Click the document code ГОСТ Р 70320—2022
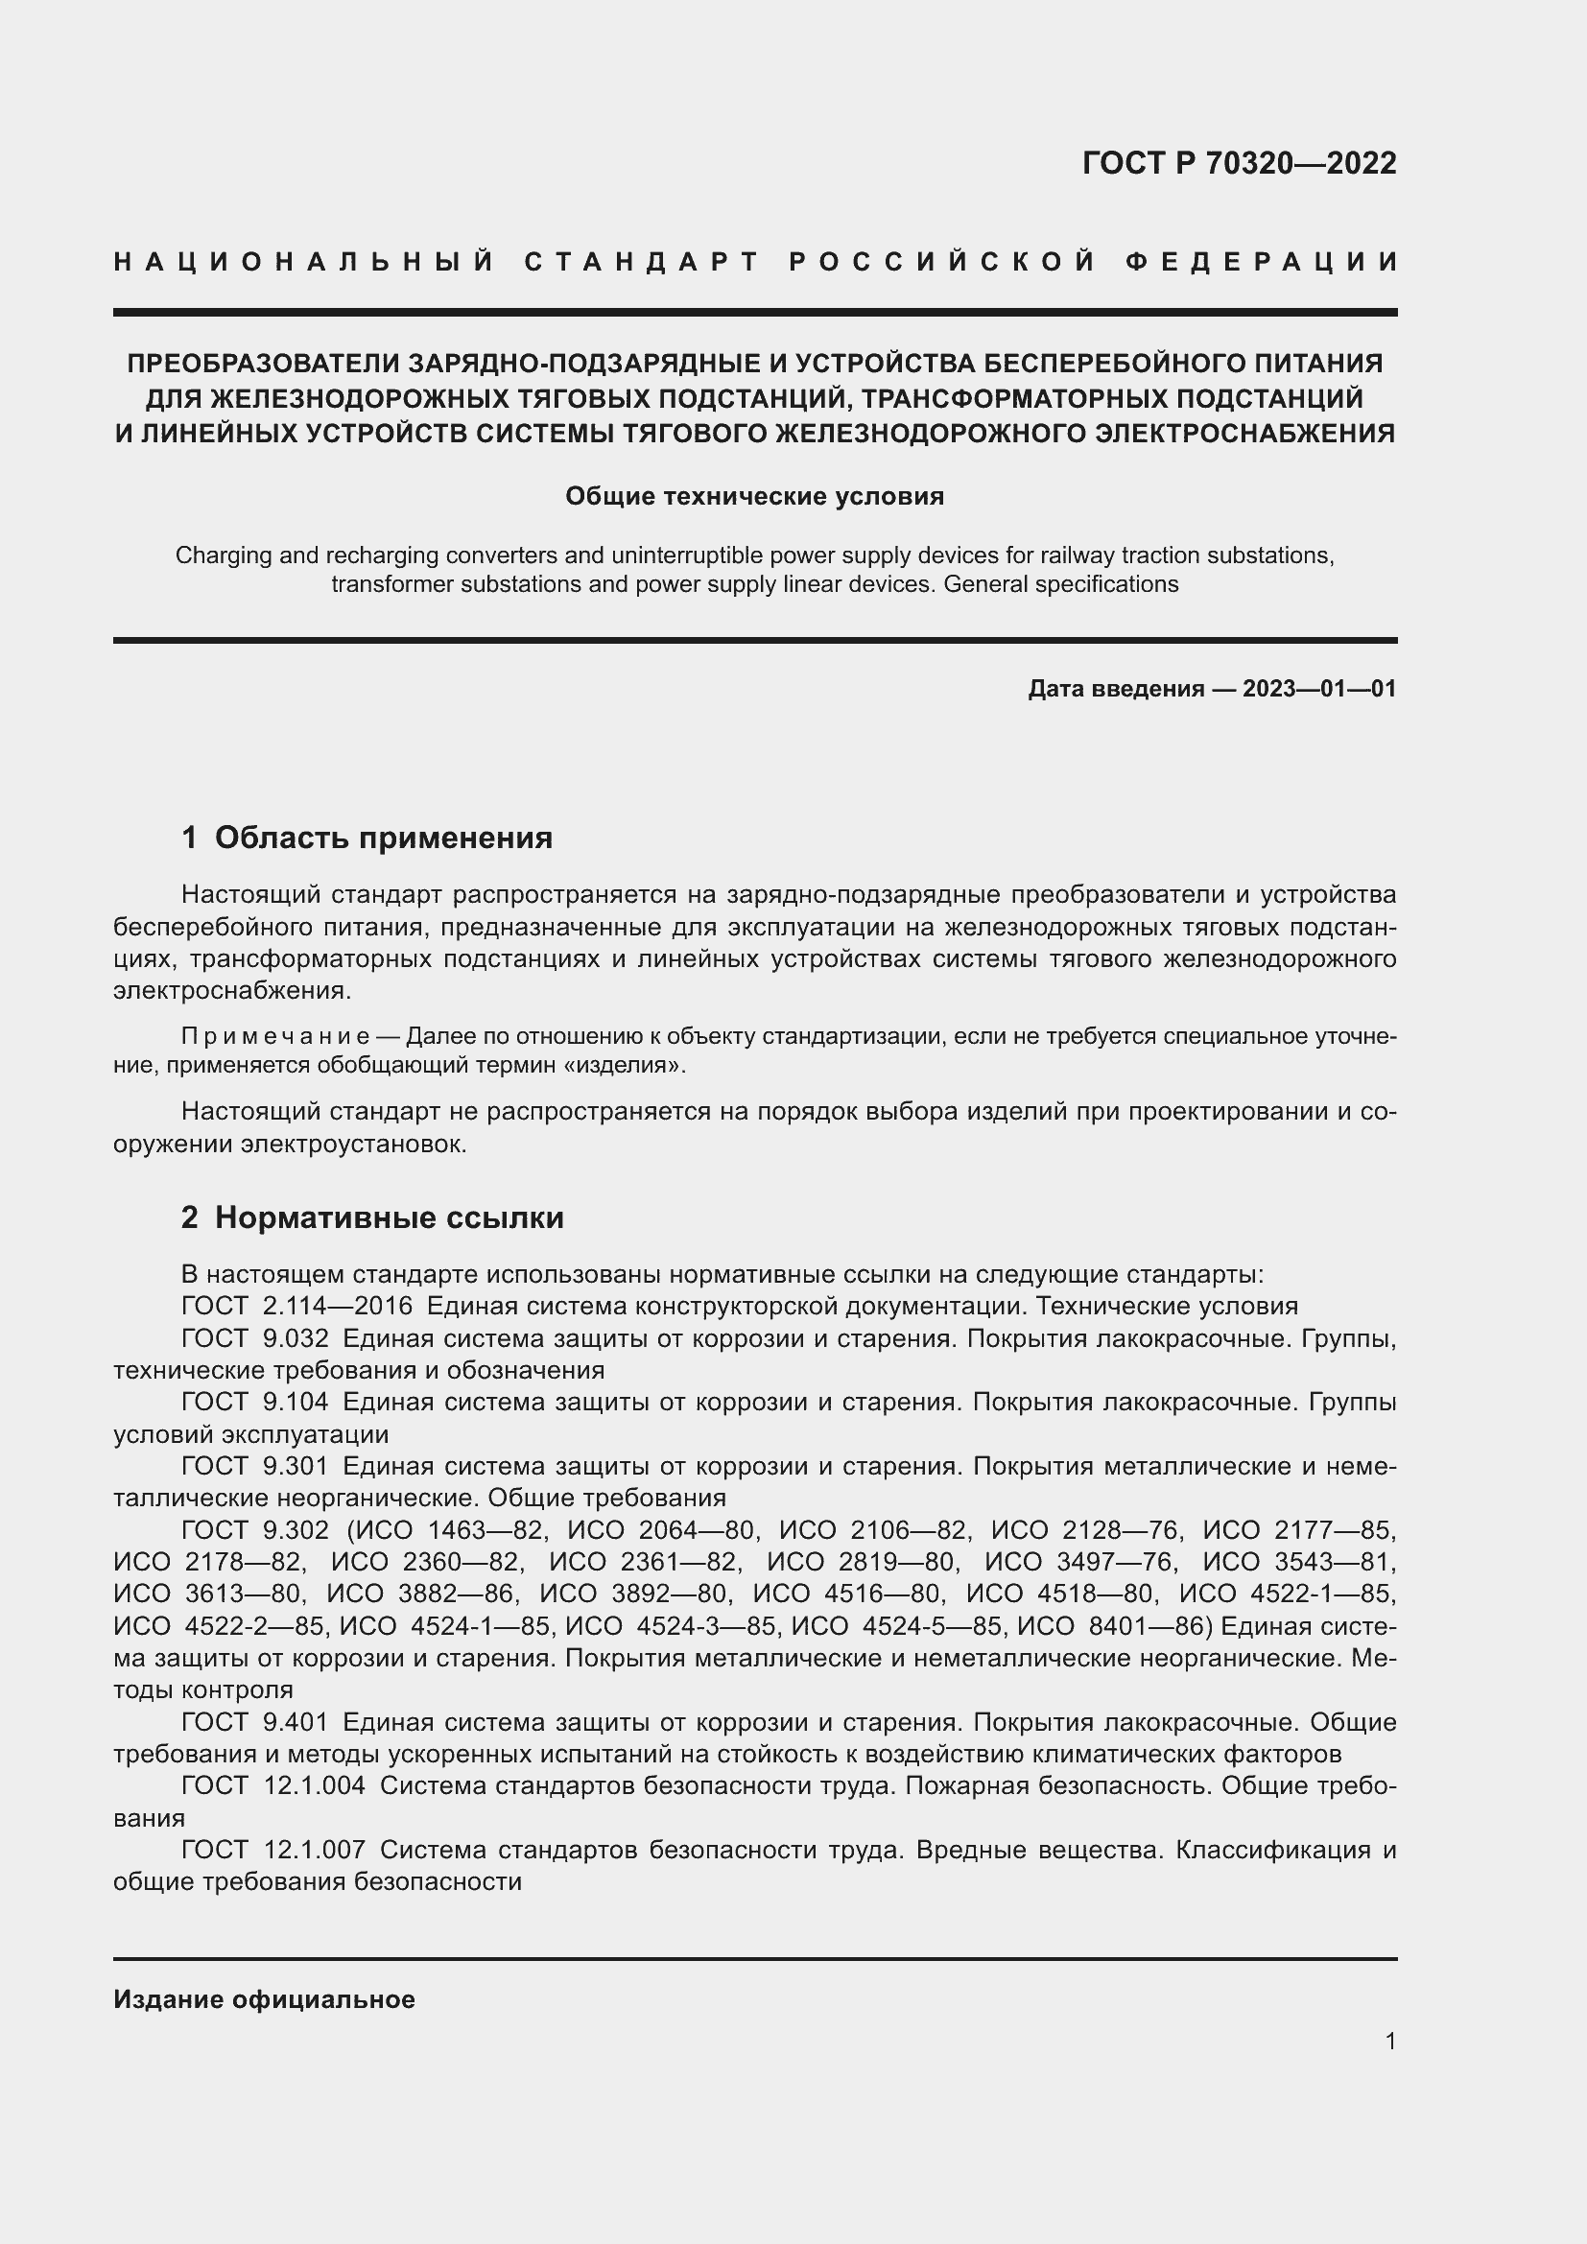tap(1239, 163)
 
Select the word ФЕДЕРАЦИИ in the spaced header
tap(1262, 262)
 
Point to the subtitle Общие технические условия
tap(754, 497)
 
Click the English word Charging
tap(213, 555)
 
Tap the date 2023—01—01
tap(1319, 689)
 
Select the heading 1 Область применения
tap(367, 838)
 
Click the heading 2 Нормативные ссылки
tap(372, 1217)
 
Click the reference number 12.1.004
tap(315, 1785)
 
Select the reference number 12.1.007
tap(315, 1850)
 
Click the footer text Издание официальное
tap(264, 1999)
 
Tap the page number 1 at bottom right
tap(1390, 2041)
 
